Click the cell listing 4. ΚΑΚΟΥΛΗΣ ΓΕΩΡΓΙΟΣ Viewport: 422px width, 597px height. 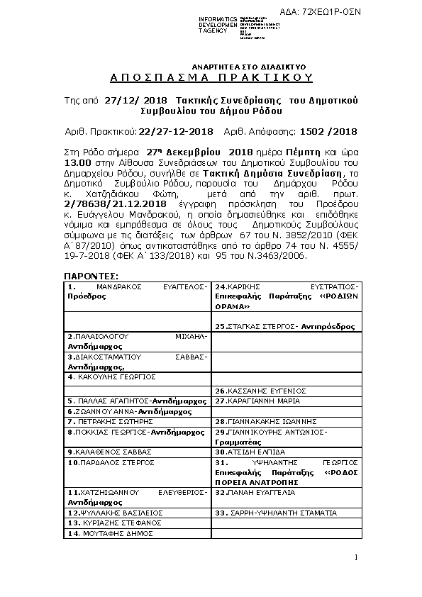(x=138, y=377)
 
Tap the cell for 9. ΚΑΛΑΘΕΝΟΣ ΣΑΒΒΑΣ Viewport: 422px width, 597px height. (x=138, y=452)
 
